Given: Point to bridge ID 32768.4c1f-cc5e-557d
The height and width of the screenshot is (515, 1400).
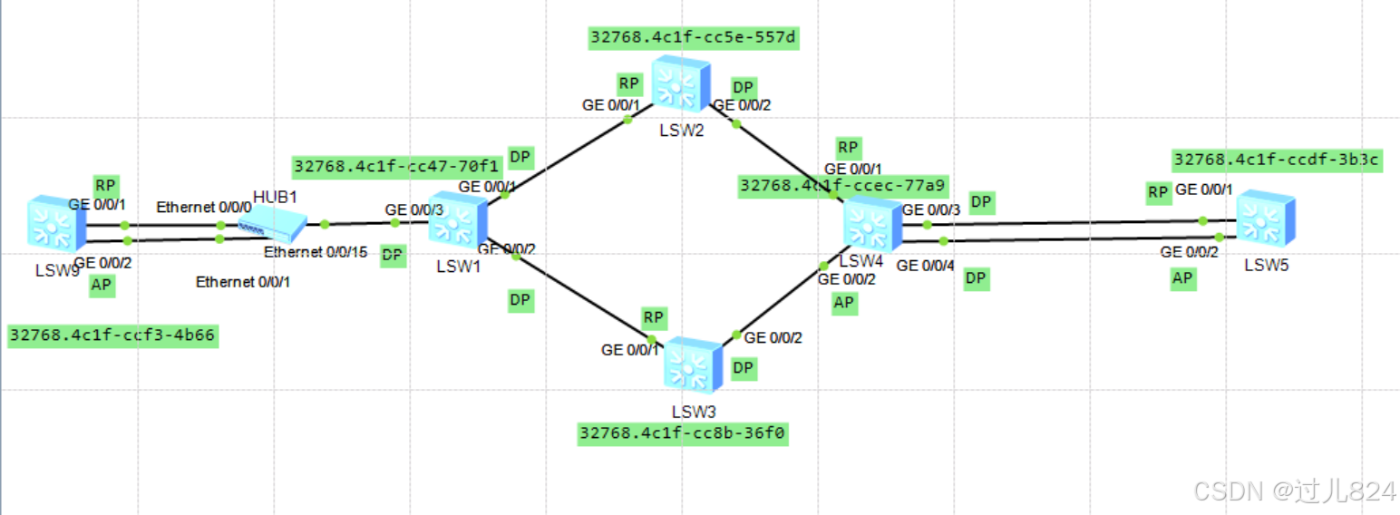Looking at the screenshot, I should coord(694,37).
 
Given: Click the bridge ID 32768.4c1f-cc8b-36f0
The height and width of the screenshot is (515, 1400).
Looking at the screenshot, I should coord(683,433).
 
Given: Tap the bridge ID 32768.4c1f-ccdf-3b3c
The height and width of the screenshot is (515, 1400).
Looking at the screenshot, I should coord(1276,160).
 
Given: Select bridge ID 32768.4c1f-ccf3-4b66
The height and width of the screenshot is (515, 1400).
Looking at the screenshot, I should coord(112,336).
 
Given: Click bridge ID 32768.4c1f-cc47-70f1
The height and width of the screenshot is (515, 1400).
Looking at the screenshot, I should coord(396,167).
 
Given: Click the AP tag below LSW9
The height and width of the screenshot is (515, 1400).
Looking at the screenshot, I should coord(102,287).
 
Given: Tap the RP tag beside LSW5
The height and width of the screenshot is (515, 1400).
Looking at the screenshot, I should coord(1158,192).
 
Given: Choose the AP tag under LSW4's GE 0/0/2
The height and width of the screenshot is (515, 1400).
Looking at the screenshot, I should coord(844,304).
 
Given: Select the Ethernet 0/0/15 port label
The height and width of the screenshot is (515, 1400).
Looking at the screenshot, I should coord(316,253).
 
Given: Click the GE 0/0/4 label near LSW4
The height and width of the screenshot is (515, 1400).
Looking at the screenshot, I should coord(925,267).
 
